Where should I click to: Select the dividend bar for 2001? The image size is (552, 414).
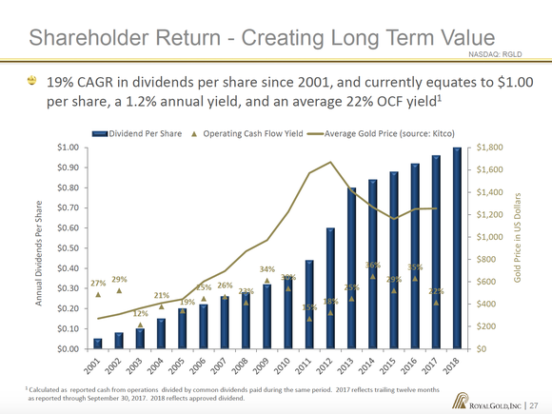coord(98,344)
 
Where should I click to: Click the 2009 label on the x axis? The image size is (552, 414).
coord(263,364)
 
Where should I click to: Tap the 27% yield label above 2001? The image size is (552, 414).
coord(98,284)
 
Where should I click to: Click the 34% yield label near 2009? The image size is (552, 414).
coord(267,269)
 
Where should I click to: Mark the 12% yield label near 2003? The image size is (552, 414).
coord(140,313)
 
